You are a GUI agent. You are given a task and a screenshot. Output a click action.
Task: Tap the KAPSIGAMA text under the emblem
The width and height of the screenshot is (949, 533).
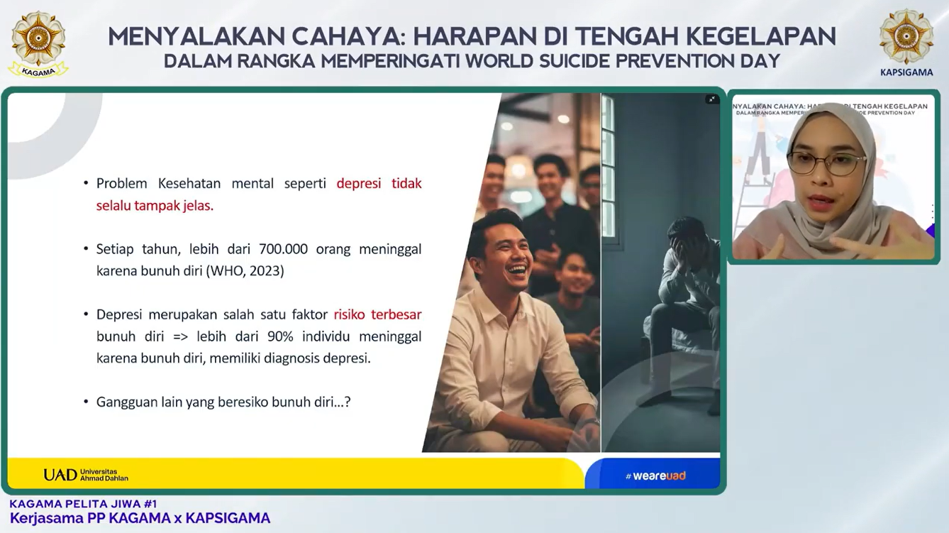pos(906,72)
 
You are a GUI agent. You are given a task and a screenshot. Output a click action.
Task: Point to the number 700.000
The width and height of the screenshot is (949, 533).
pos(283,249)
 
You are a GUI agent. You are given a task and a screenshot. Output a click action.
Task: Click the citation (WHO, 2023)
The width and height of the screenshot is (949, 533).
pos(245,271)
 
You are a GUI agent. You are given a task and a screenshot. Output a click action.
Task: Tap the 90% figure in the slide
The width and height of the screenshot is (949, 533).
pos(280,336)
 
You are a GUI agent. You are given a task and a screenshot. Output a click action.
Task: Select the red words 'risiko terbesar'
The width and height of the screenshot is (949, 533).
pos(377,314)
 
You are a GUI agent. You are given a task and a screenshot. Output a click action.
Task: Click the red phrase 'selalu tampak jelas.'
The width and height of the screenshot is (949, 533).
pos(155,206)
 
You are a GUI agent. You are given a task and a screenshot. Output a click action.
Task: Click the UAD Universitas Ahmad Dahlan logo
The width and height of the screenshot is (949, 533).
pos(86,475)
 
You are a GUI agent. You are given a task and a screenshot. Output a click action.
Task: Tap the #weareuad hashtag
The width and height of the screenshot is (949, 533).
pos(655,476)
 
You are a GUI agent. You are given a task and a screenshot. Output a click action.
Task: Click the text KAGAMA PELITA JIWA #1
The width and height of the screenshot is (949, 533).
pos(83,504)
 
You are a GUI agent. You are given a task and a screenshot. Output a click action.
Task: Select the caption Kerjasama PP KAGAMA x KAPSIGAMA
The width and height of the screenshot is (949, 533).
pos(140,518)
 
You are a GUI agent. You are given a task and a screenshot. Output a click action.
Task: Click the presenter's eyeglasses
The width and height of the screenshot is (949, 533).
pos(826,163)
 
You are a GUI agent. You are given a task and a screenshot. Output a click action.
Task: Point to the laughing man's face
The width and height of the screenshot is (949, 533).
pos(506,253)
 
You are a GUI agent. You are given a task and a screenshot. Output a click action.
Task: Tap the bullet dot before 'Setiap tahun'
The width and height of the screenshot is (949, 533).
pos(86,249)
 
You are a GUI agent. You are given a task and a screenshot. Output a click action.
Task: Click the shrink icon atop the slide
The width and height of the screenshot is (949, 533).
pos(712,99)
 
